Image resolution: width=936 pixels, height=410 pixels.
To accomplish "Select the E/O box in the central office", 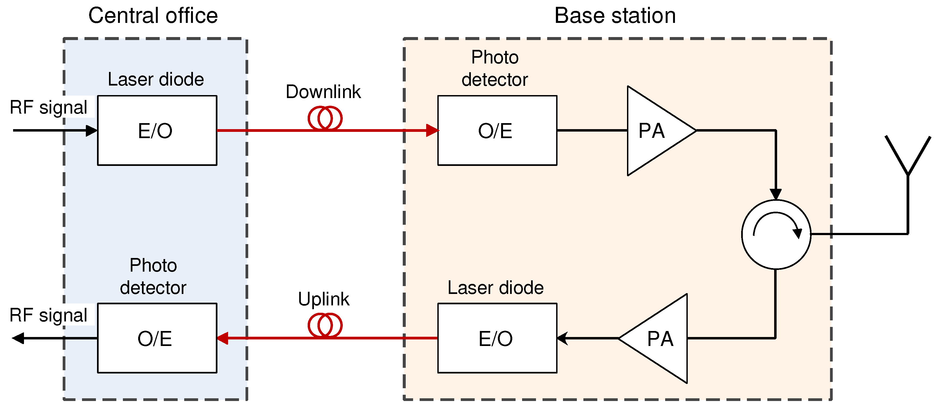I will click(157, 130).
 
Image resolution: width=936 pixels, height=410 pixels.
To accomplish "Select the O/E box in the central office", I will click(157, 338).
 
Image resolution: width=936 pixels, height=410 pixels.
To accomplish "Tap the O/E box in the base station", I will click(497, 130).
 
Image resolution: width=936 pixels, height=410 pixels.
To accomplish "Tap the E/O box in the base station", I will click(497, 338).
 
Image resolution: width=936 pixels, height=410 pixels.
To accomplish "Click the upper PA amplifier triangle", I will click(654, 131).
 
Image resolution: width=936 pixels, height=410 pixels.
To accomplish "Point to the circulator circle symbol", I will click(776, 235).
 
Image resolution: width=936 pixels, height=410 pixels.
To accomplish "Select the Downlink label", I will click(323, 92).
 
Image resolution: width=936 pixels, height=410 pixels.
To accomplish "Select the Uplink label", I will click(323, 299).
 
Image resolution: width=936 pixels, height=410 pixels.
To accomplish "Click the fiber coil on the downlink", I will click(325, 118).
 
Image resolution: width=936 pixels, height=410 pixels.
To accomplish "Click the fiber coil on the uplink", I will click(325, 325).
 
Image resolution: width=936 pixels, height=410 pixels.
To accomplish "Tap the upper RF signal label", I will click(48, 108).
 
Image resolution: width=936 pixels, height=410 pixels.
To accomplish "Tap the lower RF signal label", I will click(48, 315).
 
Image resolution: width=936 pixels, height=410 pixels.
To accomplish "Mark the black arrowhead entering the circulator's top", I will click(776, 194).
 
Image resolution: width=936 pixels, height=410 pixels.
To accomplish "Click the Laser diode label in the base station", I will click(495, 288).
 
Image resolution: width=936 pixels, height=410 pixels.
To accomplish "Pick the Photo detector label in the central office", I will click(153, 276).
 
